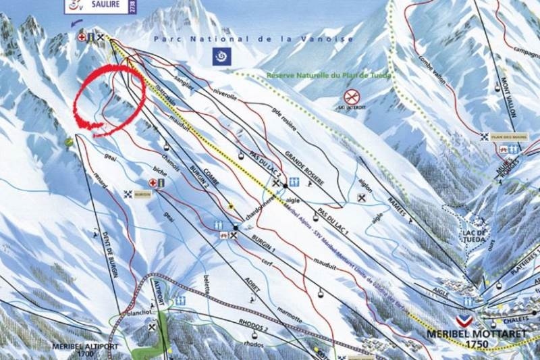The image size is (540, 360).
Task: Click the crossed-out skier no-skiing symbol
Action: tap(350, 97)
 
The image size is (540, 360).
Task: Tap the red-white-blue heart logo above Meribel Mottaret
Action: tap(464, 320)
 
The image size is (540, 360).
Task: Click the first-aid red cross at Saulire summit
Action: tap(82, 37)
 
